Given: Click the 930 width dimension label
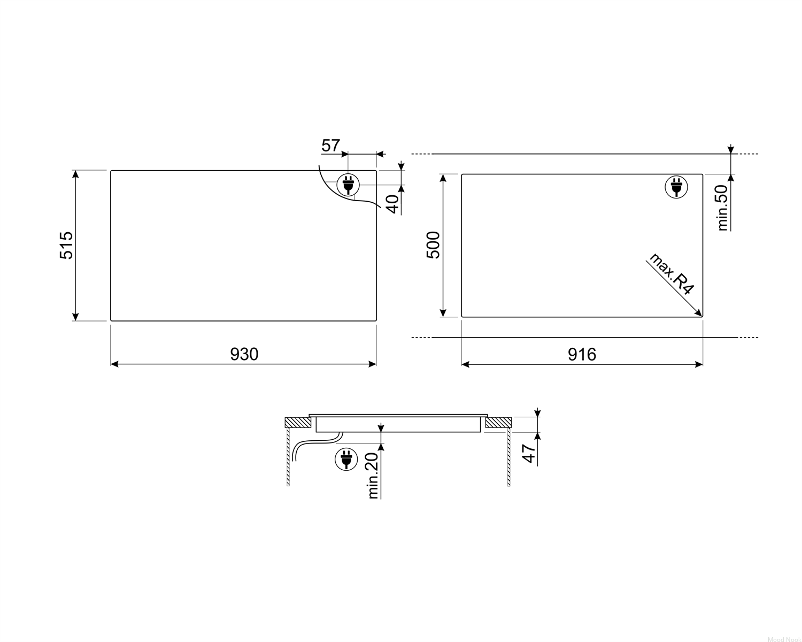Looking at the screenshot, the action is tap(244, 354).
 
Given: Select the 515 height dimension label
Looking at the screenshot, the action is tap(66, 245).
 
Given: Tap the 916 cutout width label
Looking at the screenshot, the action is tap(582, 354).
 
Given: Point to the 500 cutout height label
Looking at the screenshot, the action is tap(433, 244).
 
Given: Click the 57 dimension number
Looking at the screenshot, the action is tap(330, 146).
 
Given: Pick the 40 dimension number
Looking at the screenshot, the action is tap(392, 204).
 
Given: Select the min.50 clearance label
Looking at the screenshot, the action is tap(722, 208).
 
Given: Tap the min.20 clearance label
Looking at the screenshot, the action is tap(373, 476).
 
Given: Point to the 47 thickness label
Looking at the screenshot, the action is tap(528, 453).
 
